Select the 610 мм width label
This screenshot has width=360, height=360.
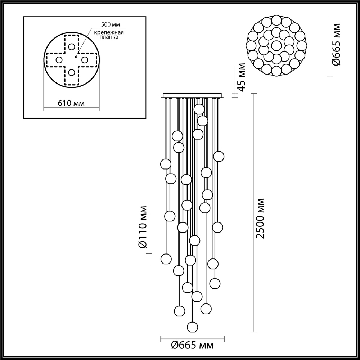coord(71,103)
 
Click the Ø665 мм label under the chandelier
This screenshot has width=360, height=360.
coord(192,346)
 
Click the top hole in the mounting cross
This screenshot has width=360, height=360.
coord(72,47)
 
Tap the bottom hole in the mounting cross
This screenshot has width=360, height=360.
coord(72,73)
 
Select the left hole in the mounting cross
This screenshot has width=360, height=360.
coord(59,60)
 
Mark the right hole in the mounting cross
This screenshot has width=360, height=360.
coord(85,60)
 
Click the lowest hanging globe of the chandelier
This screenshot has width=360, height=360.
coord(193,327)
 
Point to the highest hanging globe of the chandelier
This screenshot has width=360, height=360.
coord(199,109)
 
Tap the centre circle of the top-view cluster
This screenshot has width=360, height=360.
coord(276,45)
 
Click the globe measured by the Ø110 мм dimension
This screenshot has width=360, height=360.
coord(166,258)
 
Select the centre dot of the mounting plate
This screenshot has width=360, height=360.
coord(76,57)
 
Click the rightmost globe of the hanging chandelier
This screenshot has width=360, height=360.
coord(219,156)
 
